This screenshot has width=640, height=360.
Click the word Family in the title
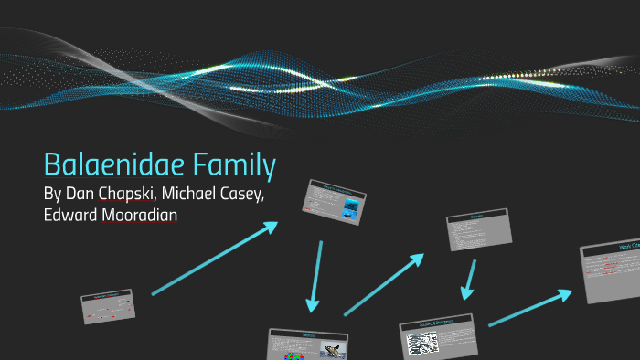click(232, 167)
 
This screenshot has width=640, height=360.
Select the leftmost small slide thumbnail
click(108, 306)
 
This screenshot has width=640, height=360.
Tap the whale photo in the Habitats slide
click(333, 349)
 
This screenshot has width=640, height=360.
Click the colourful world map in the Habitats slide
click(292, 351)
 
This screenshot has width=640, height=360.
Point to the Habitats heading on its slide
click(306, 334)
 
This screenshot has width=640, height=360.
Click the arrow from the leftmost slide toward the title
click(215, 259)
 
